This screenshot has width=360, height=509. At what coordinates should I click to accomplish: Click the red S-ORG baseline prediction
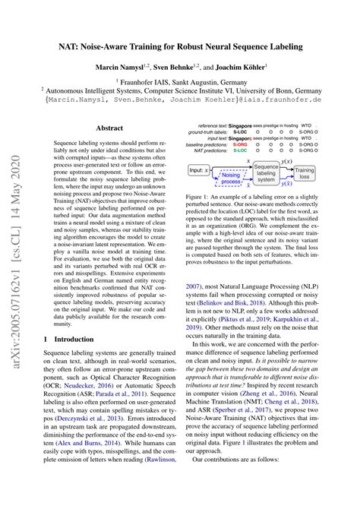(240, 145)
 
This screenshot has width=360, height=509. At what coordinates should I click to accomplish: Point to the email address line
(179, 99)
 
